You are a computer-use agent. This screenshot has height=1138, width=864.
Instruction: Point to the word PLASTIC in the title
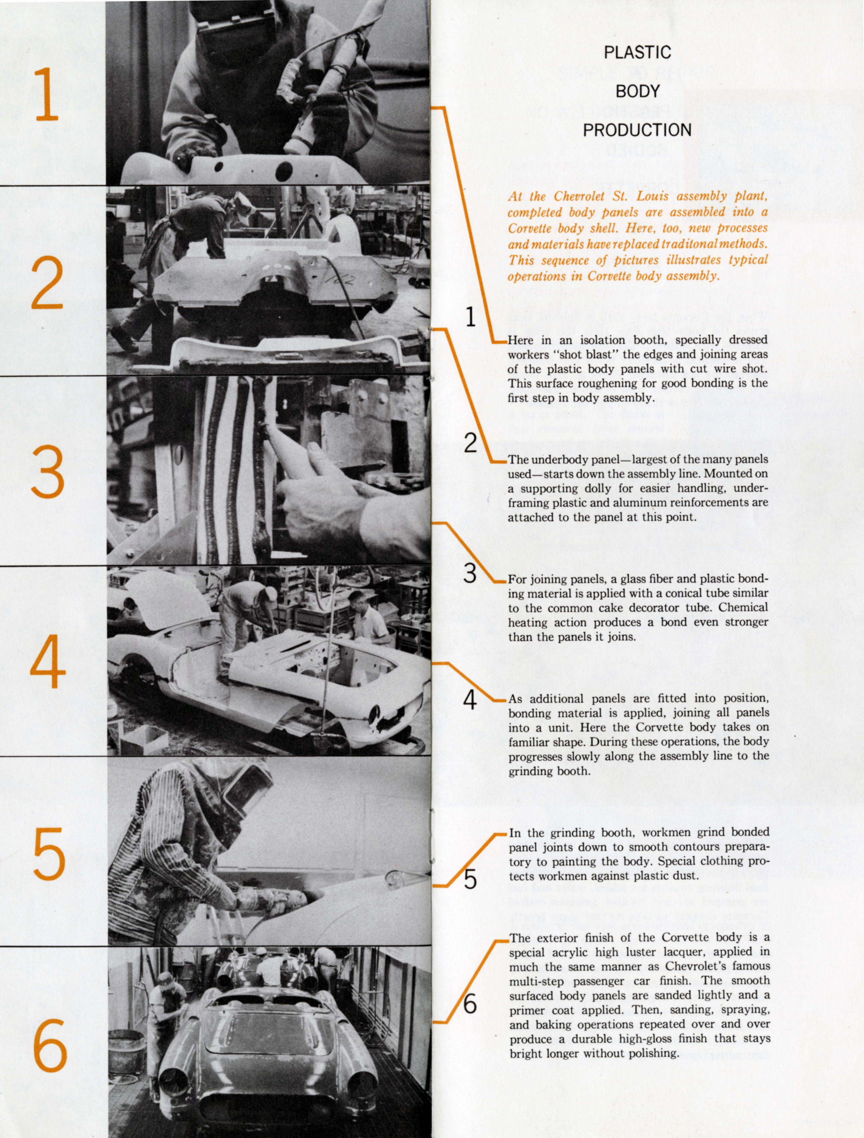[637, 52]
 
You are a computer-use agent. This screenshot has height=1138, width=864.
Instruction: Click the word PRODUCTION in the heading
[637, 130]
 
